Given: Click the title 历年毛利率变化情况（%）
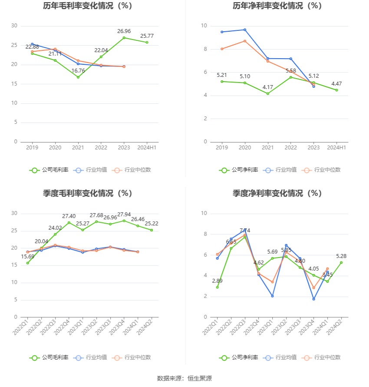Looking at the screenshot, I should [x=88, y=6].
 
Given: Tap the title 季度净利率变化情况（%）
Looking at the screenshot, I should [x=277, y=194].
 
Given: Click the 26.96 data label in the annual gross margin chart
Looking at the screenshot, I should [x=124, y=31].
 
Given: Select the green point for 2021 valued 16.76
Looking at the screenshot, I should [x=78, y=77].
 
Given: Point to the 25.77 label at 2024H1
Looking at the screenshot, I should [x=147, y=36].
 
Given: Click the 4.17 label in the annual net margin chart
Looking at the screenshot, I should [x=268, y=87].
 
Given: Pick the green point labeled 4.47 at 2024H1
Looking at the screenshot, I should [x=336, y=90].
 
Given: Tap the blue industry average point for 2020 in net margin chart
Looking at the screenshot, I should [x=245, y=30].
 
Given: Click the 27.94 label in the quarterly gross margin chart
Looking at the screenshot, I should [x=124, y=215].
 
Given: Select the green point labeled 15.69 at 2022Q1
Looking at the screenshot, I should [x=28, y=263].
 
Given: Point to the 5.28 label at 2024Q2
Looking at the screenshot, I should [x=341, y=256].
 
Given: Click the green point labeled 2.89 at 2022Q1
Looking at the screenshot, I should [x=217, y=287].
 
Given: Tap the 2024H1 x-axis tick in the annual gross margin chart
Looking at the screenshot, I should [x=147, y=148].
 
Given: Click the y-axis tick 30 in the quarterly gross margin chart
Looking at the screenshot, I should [x=14, y=213].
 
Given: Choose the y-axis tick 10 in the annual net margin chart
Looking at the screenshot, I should [x=204, y=26].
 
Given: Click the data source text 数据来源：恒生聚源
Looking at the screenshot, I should [x=184, y=378].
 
